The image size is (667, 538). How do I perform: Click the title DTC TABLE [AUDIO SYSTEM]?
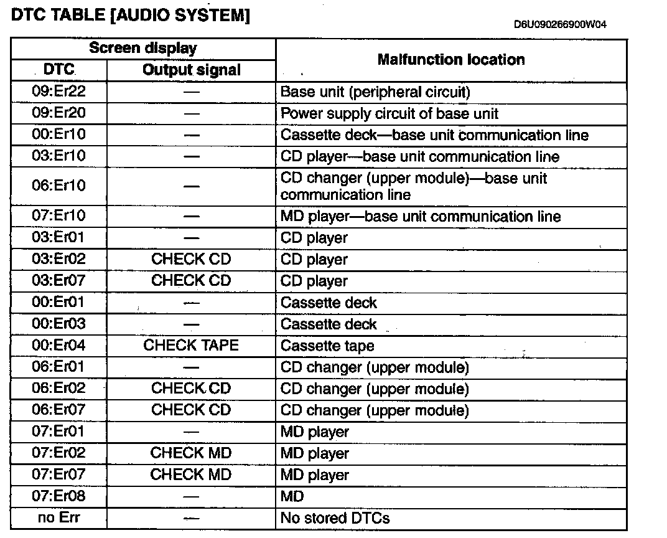point(131,16)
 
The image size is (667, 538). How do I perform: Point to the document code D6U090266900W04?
point(560,25)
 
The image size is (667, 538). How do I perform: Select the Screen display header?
point(143,49)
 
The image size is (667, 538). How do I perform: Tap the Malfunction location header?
point(451,60)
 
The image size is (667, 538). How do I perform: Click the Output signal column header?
point(192,70)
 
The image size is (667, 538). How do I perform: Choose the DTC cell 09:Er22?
point(59,92)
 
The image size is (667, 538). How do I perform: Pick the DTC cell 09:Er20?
point(59,113)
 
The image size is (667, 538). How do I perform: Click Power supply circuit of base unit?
point(389,114)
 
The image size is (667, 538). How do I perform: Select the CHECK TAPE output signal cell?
point(192,346)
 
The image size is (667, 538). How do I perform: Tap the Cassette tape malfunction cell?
point(327,346)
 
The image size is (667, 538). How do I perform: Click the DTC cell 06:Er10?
point(59,186)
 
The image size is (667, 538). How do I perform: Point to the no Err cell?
point(59,517)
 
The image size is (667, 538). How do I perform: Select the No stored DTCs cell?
point(335,518)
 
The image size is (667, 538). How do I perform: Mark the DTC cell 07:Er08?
point(59,496)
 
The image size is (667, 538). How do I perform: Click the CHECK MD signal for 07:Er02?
point(192,453)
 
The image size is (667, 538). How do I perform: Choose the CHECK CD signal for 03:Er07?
point(192,281)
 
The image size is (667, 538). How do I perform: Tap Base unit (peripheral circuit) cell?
point(375,92)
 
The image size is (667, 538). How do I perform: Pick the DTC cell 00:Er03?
point(59,324)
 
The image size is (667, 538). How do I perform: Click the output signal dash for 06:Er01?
point(192,367)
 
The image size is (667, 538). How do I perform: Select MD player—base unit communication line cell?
point(421,217)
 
